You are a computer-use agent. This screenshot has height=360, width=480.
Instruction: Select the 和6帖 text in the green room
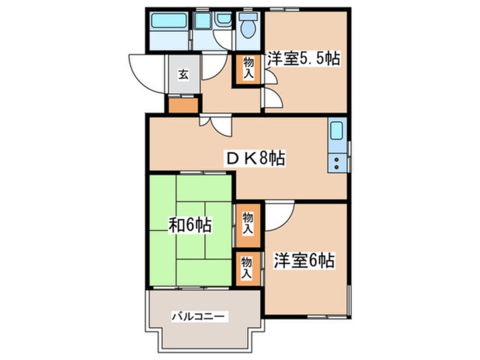(190, 225)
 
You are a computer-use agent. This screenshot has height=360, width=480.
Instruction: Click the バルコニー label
(200, 316)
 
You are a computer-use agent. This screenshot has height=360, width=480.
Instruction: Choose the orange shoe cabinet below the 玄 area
(183, 105)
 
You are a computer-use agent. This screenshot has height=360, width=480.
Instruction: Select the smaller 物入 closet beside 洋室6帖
(247, 266)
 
